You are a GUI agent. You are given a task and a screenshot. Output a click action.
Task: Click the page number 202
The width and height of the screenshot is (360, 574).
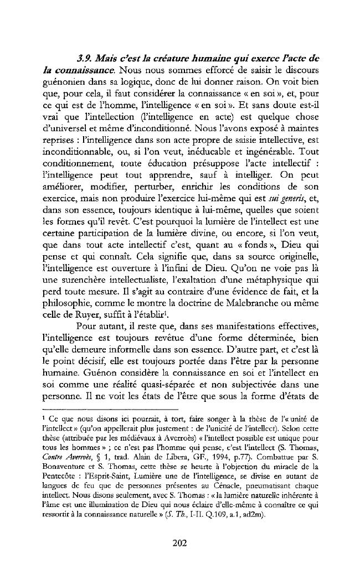(x=179, y=543)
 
